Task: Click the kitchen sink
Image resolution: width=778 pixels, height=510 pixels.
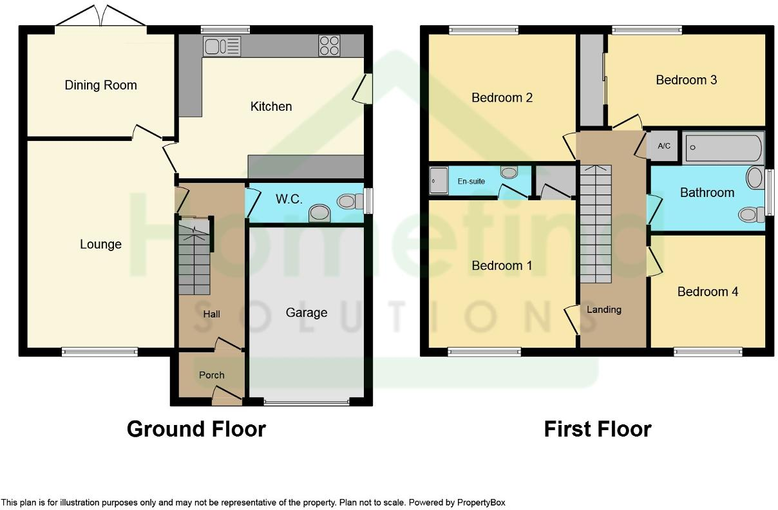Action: [222, 46]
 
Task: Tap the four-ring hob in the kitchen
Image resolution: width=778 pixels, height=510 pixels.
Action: [329, 46]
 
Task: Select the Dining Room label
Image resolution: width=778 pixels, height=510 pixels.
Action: [100, 85]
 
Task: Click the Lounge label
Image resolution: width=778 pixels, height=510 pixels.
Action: [100, 244]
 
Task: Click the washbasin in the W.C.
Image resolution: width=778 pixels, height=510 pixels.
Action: [319, 213]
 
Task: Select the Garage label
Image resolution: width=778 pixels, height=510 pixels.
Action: [307, 313]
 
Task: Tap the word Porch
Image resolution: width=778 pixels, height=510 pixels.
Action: [211, 375]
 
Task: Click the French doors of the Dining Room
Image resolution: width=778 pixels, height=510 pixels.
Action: [100, 16]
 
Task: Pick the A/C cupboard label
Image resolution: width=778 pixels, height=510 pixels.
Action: [664, 146]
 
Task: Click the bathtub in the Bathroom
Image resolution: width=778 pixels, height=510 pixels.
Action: [723, 147]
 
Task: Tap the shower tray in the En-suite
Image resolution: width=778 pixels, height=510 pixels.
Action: [439, 180]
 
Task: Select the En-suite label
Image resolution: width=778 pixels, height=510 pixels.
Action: [471, 181]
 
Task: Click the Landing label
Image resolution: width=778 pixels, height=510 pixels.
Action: [604, 309]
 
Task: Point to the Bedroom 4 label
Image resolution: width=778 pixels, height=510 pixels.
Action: [708, 292]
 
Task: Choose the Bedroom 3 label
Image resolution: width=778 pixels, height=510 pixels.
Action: [687, 80]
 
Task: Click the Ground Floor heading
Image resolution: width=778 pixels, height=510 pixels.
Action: [196, 429]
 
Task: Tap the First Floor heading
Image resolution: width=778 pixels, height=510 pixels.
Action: [598, 429]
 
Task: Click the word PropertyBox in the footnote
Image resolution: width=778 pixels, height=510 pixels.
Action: [481, 502]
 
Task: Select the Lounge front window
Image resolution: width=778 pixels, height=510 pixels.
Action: [100, 352]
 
